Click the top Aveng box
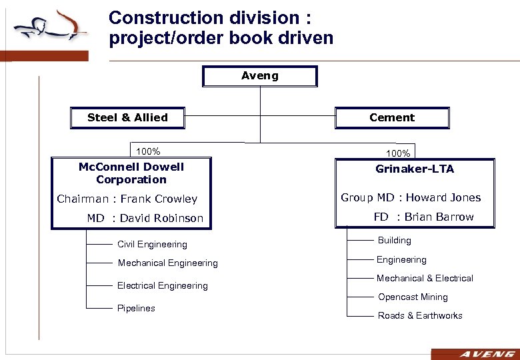260,76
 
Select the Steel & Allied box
127,118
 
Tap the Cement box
392,118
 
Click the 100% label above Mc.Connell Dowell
148,151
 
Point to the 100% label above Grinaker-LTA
397,153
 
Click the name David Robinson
161,218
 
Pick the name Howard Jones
443,197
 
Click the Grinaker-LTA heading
415,169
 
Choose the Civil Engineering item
152,245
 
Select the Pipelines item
136,308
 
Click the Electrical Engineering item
163,285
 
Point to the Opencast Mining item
413,297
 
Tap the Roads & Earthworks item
420,316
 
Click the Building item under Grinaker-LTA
395,241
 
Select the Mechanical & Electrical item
425,279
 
